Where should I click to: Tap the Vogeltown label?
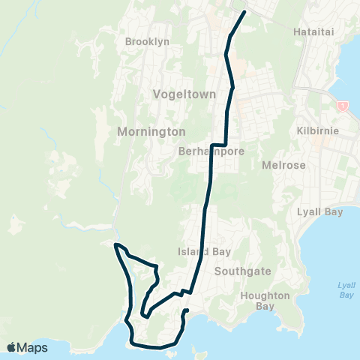click(184, 95)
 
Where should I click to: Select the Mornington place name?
click(151, 131)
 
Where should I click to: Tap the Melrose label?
click(284, 164)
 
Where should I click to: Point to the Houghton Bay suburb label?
click(265, 301)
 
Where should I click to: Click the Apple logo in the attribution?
click(11, 347)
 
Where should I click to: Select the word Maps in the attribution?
click(33, 347)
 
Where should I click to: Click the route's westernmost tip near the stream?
click(114, 244)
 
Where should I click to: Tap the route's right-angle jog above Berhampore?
click(218, 144)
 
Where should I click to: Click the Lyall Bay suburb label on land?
click(320, 212)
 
